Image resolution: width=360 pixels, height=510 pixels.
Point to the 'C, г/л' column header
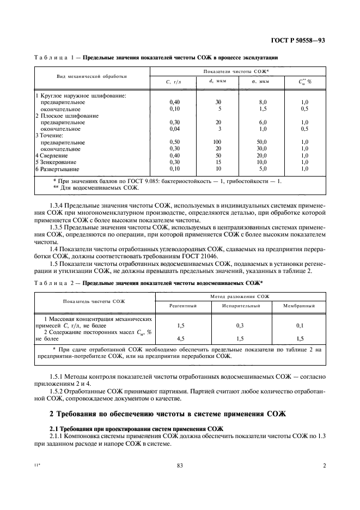point(173,82)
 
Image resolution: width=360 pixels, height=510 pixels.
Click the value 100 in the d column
point(218,142)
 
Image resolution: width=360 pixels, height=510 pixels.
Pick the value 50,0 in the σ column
point(263,142)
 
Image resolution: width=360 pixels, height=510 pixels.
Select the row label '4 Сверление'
point(52,155)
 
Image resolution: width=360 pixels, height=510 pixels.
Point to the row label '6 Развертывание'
point(58,169)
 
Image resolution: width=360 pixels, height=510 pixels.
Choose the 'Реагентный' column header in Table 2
point(182,306)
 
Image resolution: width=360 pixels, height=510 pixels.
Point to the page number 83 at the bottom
point(180,465)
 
